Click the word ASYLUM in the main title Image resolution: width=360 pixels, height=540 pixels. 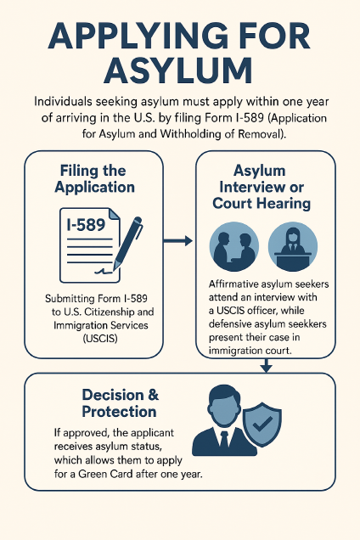click(178, 70)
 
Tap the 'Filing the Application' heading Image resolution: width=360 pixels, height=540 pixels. click(94, 179)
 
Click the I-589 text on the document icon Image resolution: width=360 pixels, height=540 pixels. click(86, 224)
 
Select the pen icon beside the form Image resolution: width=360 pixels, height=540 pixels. click(128, 243)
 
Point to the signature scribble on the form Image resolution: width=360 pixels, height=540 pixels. click(104, 271)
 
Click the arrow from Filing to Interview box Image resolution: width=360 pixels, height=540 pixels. click(177, 241)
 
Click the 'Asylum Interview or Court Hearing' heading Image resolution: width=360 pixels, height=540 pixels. click(262, 187)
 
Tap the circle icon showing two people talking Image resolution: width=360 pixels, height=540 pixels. click(234, 246)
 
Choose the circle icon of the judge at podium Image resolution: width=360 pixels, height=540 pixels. click(293, 246)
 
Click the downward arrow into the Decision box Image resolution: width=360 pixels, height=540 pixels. click(266, 366)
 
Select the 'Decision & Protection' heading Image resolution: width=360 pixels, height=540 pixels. click(120, 403)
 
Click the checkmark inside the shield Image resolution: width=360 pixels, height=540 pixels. click(262, 424)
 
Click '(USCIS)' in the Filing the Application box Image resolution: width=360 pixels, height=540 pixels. click(100, 339)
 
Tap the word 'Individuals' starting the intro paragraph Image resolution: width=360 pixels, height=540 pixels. click(63, 102)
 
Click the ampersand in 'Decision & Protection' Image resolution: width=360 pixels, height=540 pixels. click(153, 395)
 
